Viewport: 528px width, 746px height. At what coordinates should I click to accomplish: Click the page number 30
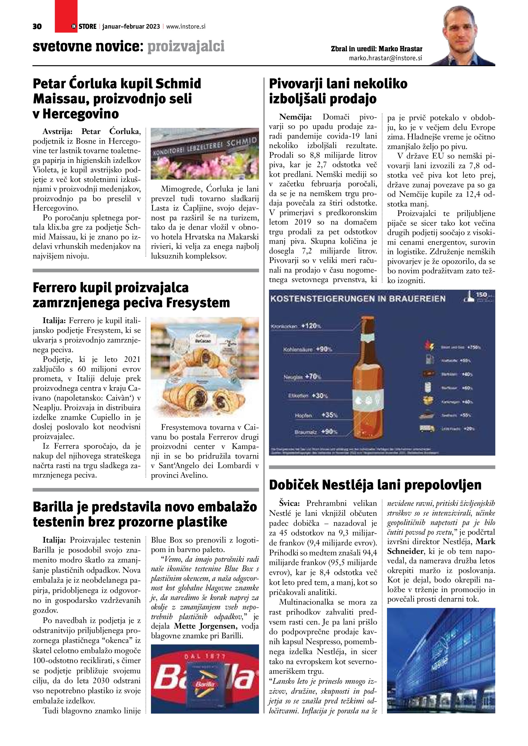click(37, 27)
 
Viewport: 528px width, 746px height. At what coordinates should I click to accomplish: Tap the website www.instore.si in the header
click(186, 27)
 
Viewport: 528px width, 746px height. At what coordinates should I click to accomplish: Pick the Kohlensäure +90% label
click(308, 350)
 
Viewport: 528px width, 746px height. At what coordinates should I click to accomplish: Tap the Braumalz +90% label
click(316, 432)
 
